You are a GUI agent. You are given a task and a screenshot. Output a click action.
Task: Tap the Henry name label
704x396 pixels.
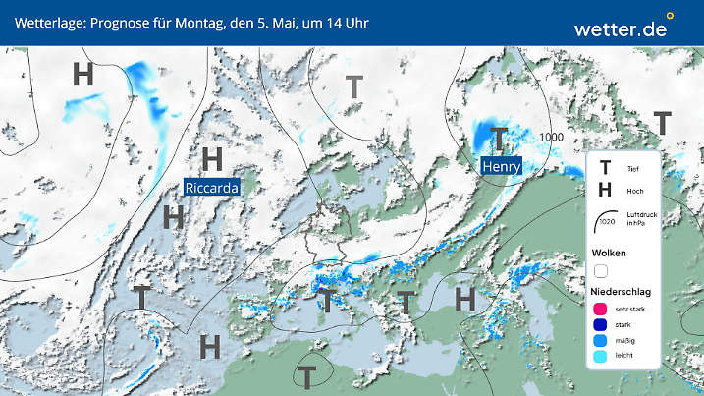coord(500,166)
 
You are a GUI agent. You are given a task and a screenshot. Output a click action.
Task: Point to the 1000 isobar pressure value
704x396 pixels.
coord(551,137)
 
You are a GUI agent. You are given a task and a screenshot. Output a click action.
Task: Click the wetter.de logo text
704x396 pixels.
coord(621,29)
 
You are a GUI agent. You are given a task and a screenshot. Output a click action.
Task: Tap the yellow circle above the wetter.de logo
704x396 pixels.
coord(670,16)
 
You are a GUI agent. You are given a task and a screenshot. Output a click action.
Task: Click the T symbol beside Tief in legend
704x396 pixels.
coord(605,168)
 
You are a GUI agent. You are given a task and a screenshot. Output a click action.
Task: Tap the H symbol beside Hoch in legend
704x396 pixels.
coord(605,191)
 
